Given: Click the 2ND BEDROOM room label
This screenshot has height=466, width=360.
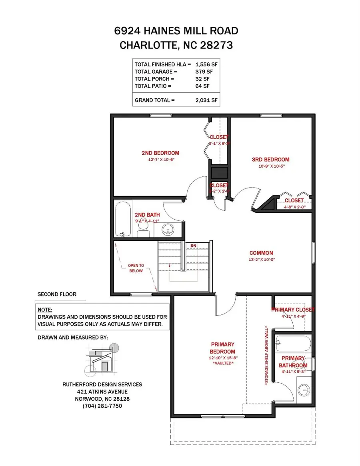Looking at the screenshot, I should tap(160, 153).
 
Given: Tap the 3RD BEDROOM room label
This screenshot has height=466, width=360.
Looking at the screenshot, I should tap(270, 160).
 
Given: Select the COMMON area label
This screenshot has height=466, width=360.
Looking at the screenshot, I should tap(261, 253).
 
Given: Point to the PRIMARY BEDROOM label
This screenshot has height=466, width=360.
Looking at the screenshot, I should tap(222, 348).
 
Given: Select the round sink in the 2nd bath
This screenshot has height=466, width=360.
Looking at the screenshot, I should tap(168, 229).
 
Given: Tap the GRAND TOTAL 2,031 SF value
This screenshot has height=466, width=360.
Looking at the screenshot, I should tap(206, 100).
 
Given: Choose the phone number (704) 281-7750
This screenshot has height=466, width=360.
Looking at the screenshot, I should tap(102, 406).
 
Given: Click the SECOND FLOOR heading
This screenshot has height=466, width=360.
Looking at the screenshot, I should tap(57, 294).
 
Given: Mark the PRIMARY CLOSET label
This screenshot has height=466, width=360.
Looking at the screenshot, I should tap(293, 310).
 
